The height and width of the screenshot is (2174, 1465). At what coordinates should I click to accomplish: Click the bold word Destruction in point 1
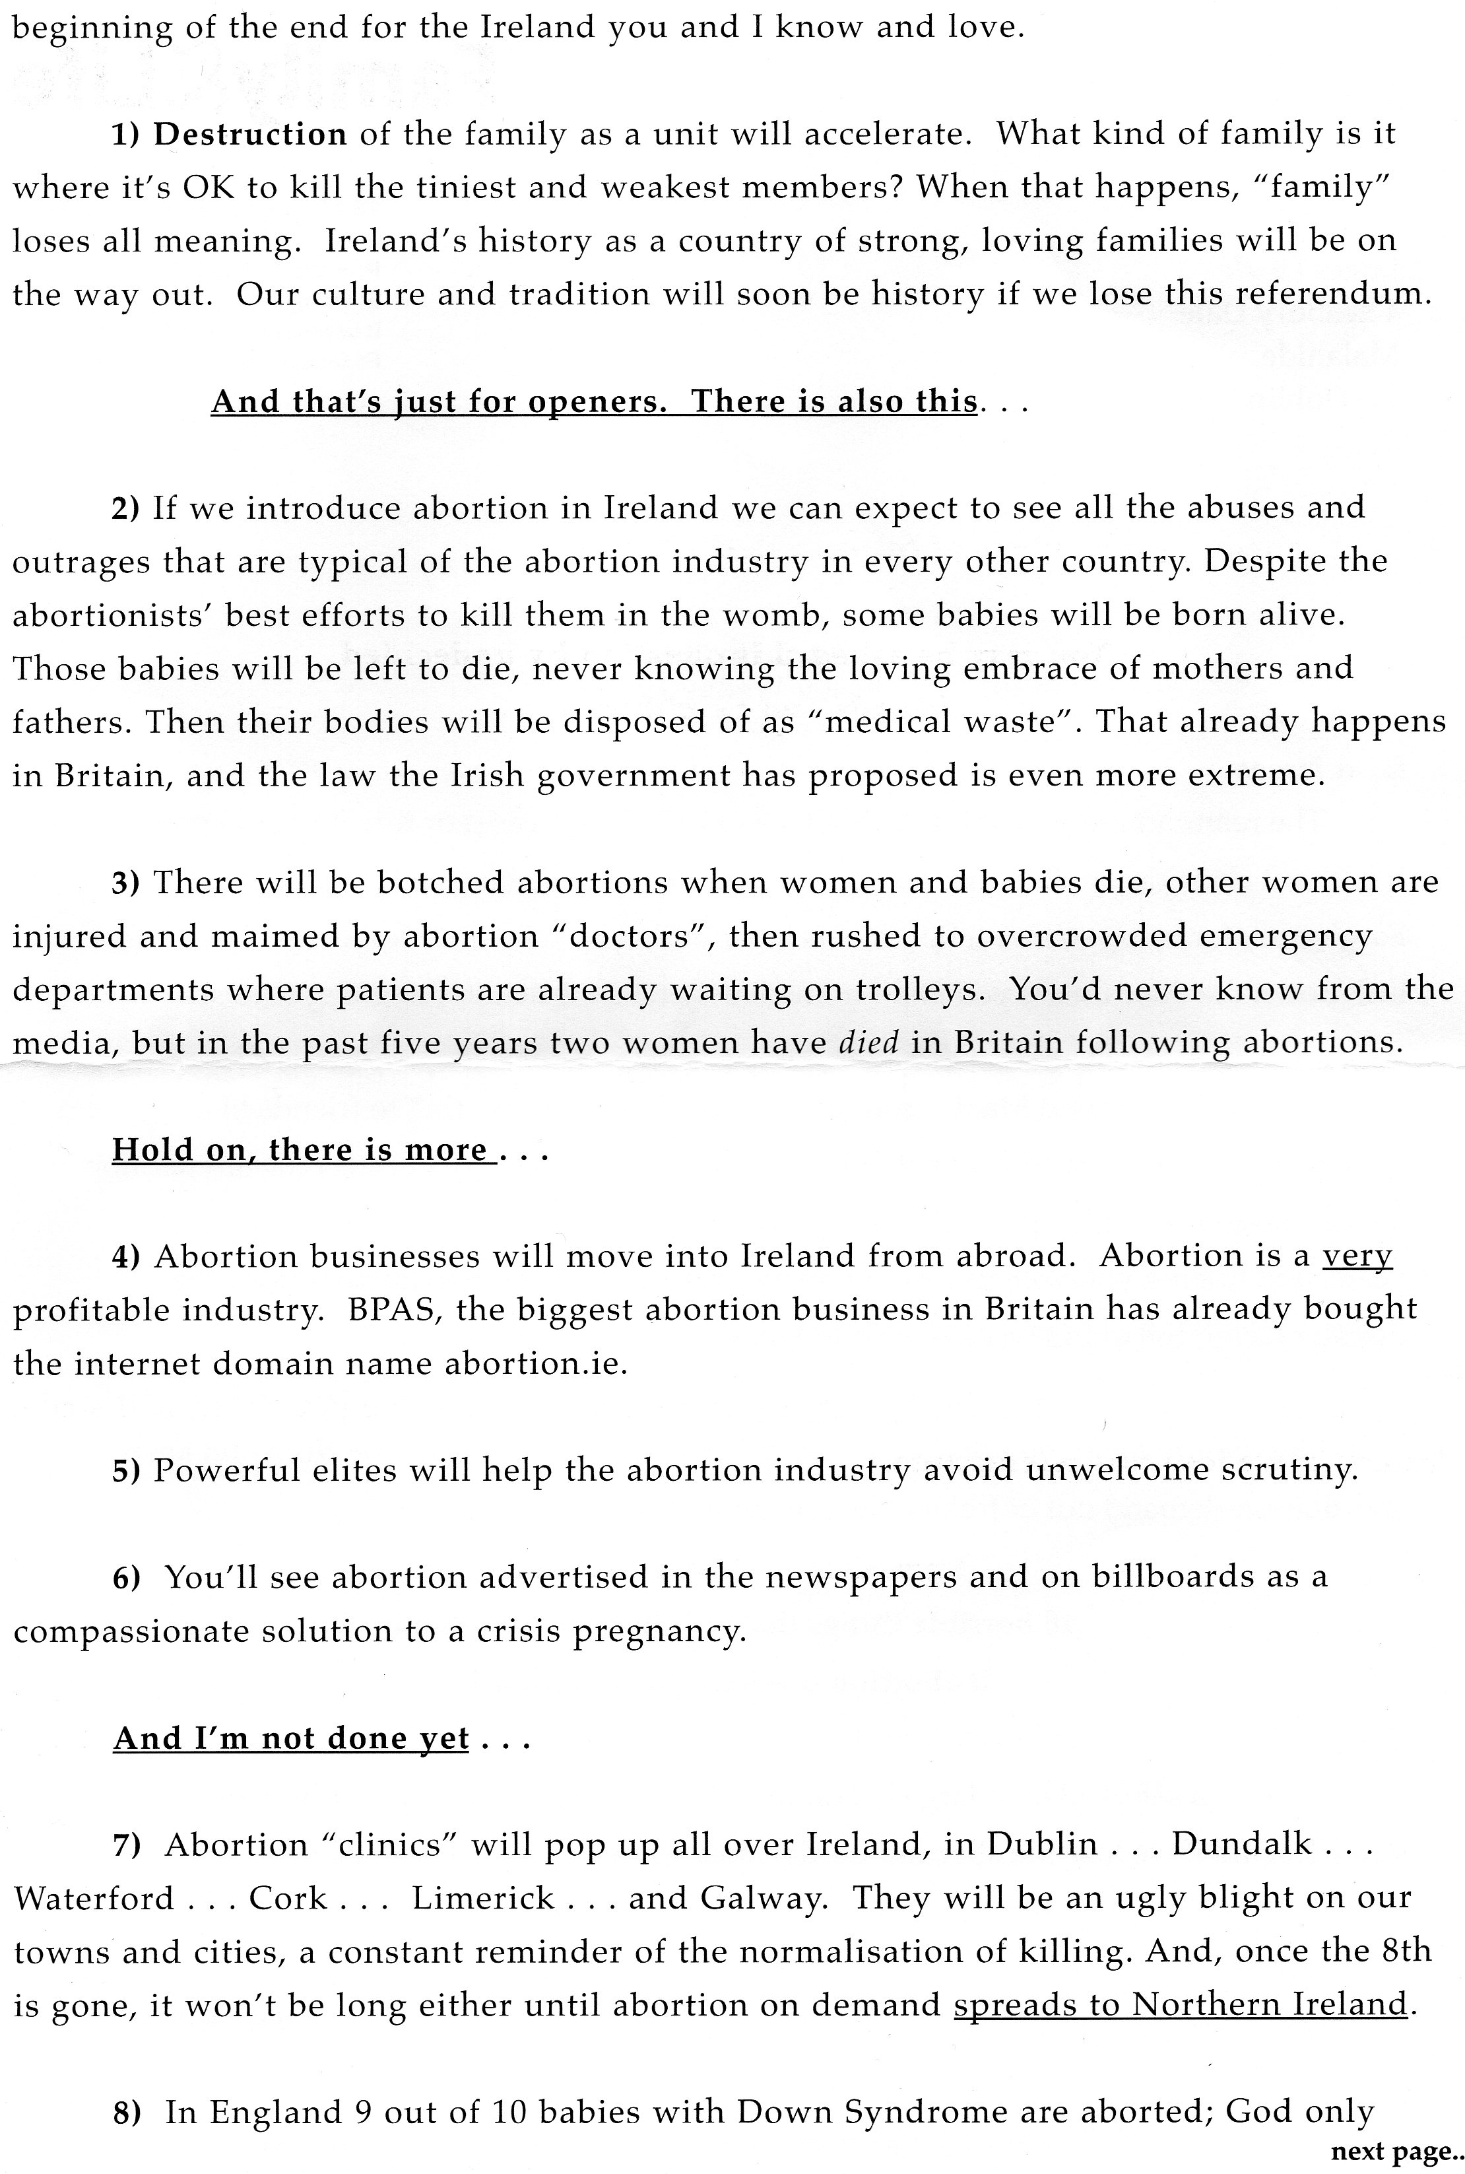coord(249,135)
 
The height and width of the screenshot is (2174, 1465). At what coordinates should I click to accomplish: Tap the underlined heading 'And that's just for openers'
coord(593,402)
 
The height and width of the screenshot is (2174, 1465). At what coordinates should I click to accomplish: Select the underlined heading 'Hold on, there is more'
coord(299,1149)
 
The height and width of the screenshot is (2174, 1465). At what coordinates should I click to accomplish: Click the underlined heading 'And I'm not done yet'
coord(290,1738)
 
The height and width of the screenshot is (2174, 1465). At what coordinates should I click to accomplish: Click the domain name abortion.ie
coord(535,1364)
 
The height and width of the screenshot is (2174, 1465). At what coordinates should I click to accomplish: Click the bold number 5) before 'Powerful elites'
coord(125,1471)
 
